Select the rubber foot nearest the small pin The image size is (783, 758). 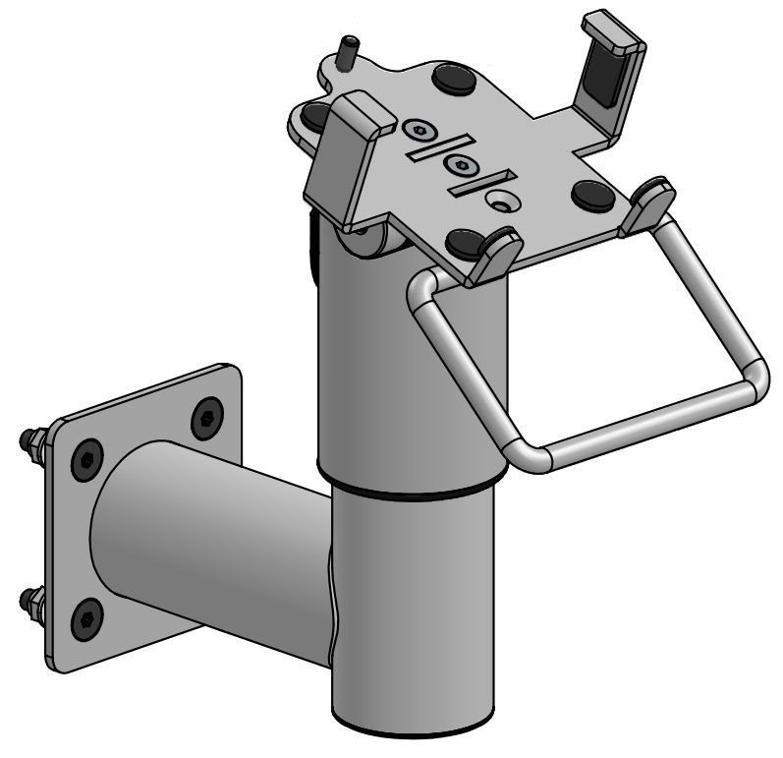[453, 77]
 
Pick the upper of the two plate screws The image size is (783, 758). [420, 130]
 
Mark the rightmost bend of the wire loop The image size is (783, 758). [755, 381]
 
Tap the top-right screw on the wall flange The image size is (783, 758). [205, 417]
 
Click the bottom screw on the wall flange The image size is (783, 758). [85, 618]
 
